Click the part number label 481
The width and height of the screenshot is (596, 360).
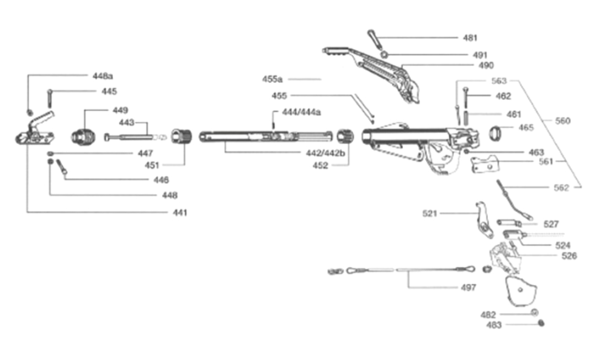coord(470,38)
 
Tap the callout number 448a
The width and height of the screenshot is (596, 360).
coord(103,76)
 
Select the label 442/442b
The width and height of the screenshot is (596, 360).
coord(326,153)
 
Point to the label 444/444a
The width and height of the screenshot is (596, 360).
coord(301,112)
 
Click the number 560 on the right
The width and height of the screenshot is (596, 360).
coord(562,121)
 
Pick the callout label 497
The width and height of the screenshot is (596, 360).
coord(469,287)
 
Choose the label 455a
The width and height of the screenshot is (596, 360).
coord(272,79)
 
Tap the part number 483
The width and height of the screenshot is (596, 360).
coord(494,325)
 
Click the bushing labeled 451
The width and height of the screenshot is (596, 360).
coord(182,136)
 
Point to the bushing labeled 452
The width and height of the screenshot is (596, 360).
coord(345,136)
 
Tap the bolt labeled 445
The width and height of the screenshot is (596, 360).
coord(50,98)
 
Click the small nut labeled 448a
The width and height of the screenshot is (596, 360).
coord(29,112)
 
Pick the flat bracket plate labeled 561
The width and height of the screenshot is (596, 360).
coord(485,164)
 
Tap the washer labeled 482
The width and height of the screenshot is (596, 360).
coord(534,313)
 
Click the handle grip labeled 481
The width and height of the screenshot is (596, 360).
coord(374,39)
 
